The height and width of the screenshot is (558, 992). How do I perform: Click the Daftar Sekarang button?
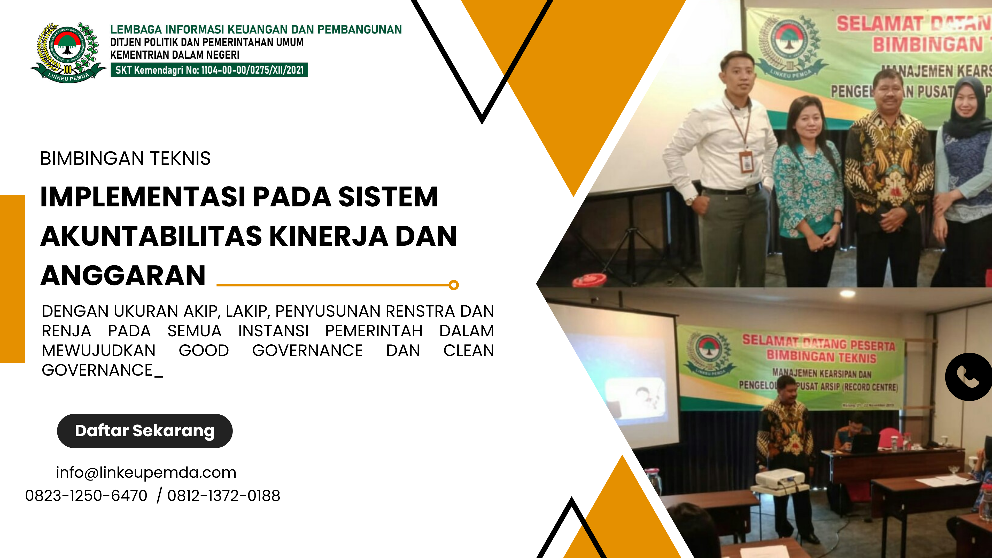click(144, 431)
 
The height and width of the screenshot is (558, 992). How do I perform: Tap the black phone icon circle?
click(969, 377)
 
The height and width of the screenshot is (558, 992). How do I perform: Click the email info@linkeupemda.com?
click(146, 472)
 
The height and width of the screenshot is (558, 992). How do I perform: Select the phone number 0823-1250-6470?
click(86, 496)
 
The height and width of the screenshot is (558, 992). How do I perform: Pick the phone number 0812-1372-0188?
click(223, 496)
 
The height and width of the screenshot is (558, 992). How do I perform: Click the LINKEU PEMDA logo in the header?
click(68, 52)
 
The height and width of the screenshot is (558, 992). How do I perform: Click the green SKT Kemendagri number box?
click(209, 70)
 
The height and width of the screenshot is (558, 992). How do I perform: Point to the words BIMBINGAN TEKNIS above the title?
click(125, 158)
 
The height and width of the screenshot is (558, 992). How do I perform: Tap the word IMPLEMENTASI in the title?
click(143, 197)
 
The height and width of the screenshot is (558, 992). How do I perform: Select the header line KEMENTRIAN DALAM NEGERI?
click(175, 55)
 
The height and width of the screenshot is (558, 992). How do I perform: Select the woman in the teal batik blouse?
click(809, 185)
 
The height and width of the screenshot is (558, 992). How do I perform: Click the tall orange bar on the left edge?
click(12, 279)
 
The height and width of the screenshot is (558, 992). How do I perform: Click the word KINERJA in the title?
click(329, 236)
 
